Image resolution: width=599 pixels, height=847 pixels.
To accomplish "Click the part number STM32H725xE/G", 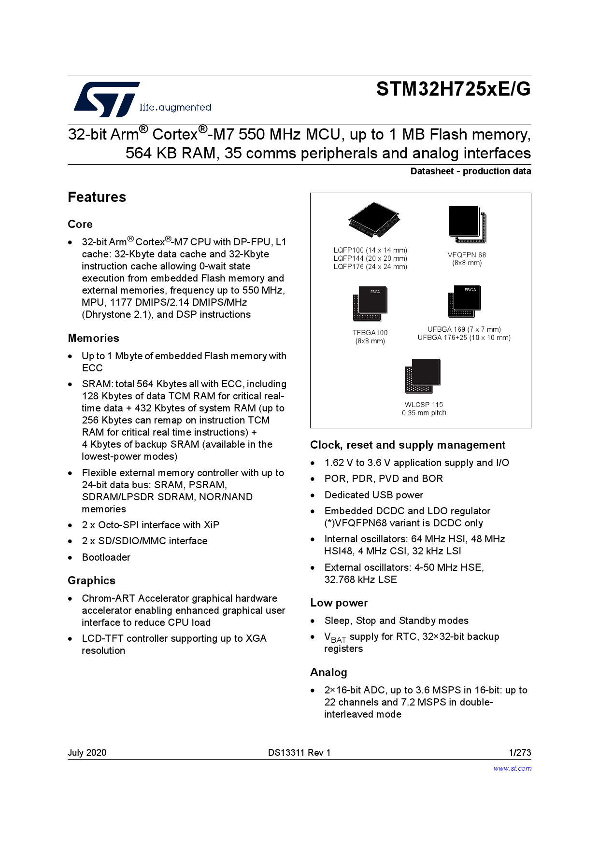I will pyautogui.click(x=453, y=89).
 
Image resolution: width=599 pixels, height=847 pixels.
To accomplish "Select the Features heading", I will pyautogui.click(x=97, y=197).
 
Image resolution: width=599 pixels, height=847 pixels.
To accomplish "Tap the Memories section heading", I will pyautogui.click(x=93, y=338).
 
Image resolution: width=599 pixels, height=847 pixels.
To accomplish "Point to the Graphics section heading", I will pyautogui.click(x=91, y=580).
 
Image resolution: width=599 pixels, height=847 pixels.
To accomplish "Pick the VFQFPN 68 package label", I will pyautogui.click(x=467, y=255).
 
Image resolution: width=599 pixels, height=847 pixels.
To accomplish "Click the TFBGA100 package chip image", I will pyautogui.click(x=370, y=304).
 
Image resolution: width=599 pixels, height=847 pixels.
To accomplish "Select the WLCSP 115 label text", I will pyautogui.click(x=424, y=405).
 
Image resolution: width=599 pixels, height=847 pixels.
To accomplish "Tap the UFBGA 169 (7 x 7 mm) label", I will pyautogui.click(x=464, y=329).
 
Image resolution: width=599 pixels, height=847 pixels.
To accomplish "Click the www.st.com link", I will pyautogui.click(x=512, y=768).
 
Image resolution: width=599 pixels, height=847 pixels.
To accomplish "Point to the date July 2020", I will pyautogui.click(x=87, y=752).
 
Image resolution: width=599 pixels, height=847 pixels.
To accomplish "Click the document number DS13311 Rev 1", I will pyautogui.click(x=299, y=752).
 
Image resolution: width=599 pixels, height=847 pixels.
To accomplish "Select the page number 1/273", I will pyautogui.click(x=520, y=752).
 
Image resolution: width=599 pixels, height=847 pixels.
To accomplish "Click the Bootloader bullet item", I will pyautogui.click(x=106, y=557).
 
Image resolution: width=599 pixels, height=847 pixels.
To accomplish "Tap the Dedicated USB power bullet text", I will pyautogui.click(x=373, y=495).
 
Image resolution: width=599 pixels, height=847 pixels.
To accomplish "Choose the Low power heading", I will pyautogui.click(x=339, y=603).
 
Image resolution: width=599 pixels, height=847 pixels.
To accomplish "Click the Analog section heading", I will pyautogui.click(x=328, y=672).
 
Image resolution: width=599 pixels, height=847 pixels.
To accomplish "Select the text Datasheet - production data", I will pyautogui.click(x=471, y=171).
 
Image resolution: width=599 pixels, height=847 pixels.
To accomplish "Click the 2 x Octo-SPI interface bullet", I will pyautogui.click(x=150, y=525).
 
